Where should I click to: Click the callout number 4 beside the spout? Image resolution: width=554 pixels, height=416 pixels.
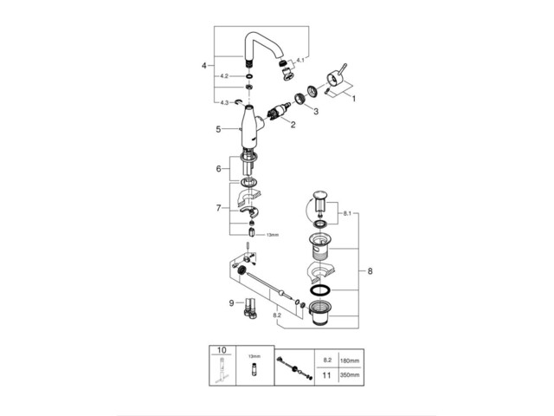203,65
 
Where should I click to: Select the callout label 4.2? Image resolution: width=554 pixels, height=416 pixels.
223,76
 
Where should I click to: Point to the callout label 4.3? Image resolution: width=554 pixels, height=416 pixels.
223,102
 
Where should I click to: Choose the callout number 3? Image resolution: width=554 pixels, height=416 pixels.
316,112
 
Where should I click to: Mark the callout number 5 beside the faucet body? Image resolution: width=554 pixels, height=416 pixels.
219,130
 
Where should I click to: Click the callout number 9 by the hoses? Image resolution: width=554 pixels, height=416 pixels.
232,302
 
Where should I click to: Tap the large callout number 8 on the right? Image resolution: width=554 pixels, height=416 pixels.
370,271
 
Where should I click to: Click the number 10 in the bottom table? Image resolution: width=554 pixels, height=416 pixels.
222,351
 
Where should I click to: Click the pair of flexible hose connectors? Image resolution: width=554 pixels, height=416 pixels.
249,308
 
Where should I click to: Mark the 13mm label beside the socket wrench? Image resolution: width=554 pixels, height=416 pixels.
273,234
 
